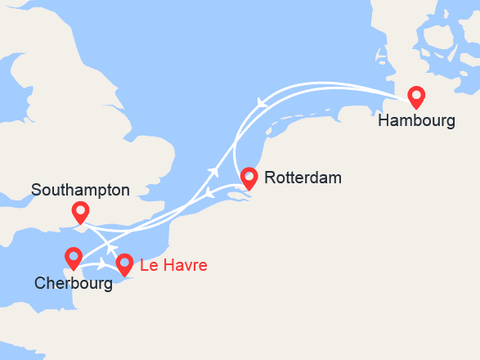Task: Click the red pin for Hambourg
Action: coord(416,97)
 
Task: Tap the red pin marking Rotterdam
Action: coord(249,177)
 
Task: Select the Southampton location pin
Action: coord(80,212)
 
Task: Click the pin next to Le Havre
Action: coord(124,263)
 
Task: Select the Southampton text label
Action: coord(80,190)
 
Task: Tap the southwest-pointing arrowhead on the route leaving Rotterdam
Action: coord(209,195)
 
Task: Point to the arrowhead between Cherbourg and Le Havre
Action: coord(103,264)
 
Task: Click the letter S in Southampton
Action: coord(37,190)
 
